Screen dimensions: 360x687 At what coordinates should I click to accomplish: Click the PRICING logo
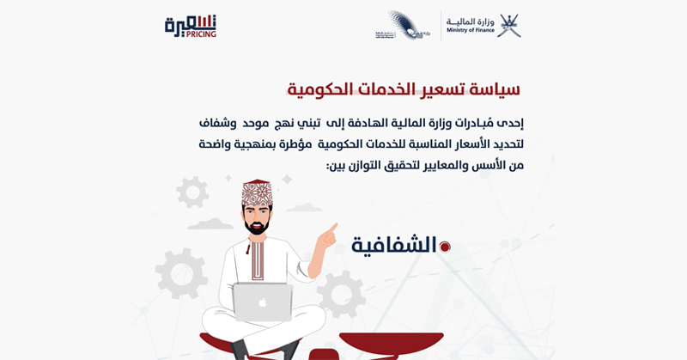(x=191, y=27)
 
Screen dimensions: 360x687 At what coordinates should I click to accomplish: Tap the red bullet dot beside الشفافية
(x=444, y=247)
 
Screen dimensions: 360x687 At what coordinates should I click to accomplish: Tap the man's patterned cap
(x=257, y=193)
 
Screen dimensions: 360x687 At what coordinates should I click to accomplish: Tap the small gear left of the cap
(x=192, y=191)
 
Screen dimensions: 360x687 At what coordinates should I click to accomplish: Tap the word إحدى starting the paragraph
(x=507, y=123)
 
